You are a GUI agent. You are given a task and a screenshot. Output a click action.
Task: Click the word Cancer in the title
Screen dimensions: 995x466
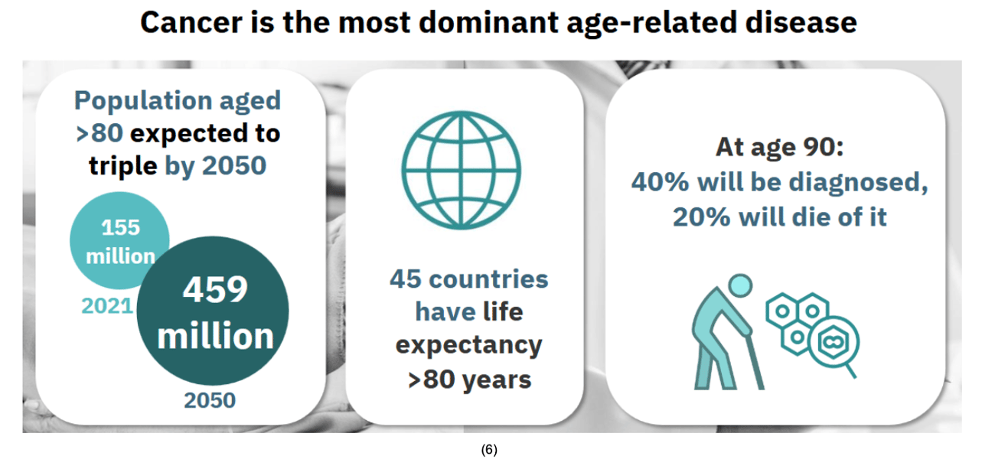click(x=191, y=23)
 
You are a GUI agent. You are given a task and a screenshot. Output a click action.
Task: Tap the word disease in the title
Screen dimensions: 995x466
click(x=801, y=23)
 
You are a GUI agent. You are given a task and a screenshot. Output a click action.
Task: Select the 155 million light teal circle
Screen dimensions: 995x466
click(x=119, y=240)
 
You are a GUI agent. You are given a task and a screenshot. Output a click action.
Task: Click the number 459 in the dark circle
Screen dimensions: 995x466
click(x=215, y=290)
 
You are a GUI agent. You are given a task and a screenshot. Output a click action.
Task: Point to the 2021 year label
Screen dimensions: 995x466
click(x=107, y=306)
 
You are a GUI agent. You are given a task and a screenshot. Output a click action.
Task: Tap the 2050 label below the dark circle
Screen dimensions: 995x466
click(x=210, y=400)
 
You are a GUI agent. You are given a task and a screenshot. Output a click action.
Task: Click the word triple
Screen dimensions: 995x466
click(x=123, y=167)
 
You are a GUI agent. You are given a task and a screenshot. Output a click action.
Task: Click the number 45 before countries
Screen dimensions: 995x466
click(x=405, y=279)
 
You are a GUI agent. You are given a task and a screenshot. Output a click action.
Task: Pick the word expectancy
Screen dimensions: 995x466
click(x=469, y=346)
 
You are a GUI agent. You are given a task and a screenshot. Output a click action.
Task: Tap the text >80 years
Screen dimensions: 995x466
click(x=469, y=380)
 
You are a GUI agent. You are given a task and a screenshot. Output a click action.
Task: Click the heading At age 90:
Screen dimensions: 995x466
click(x=780, y=147)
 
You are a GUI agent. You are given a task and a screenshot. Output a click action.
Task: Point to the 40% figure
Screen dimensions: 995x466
click(x=660, y=182)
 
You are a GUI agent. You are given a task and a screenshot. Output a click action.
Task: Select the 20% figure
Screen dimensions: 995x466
click(x=701, y=217)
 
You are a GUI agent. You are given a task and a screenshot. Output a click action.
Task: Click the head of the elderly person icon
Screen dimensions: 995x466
click(x=739, y=285)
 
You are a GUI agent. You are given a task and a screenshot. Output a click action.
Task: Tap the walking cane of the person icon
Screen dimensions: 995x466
click(x=755, y=360)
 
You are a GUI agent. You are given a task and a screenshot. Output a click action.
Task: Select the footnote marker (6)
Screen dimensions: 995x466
click(x=489, y=450)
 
